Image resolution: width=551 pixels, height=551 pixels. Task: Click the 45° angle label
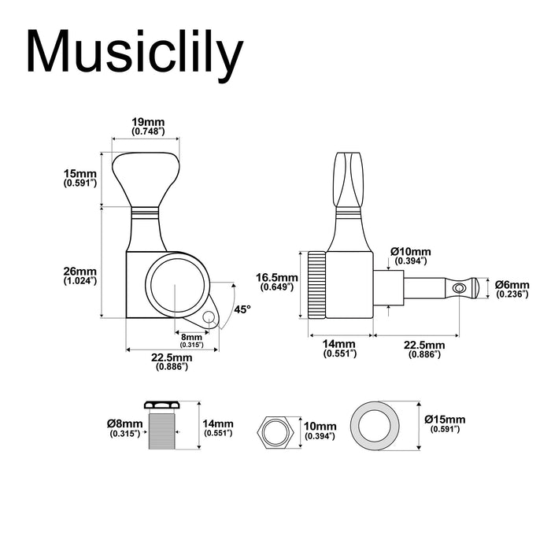point(242,309)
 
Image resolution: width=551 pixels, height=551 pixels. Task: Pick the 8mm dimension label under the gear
point(190,340)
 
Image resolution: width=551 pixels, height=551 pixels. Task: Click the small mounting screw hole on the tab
point(209,316)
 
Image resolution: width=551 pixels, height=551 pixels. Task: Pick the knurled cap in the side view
point(316,285)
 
